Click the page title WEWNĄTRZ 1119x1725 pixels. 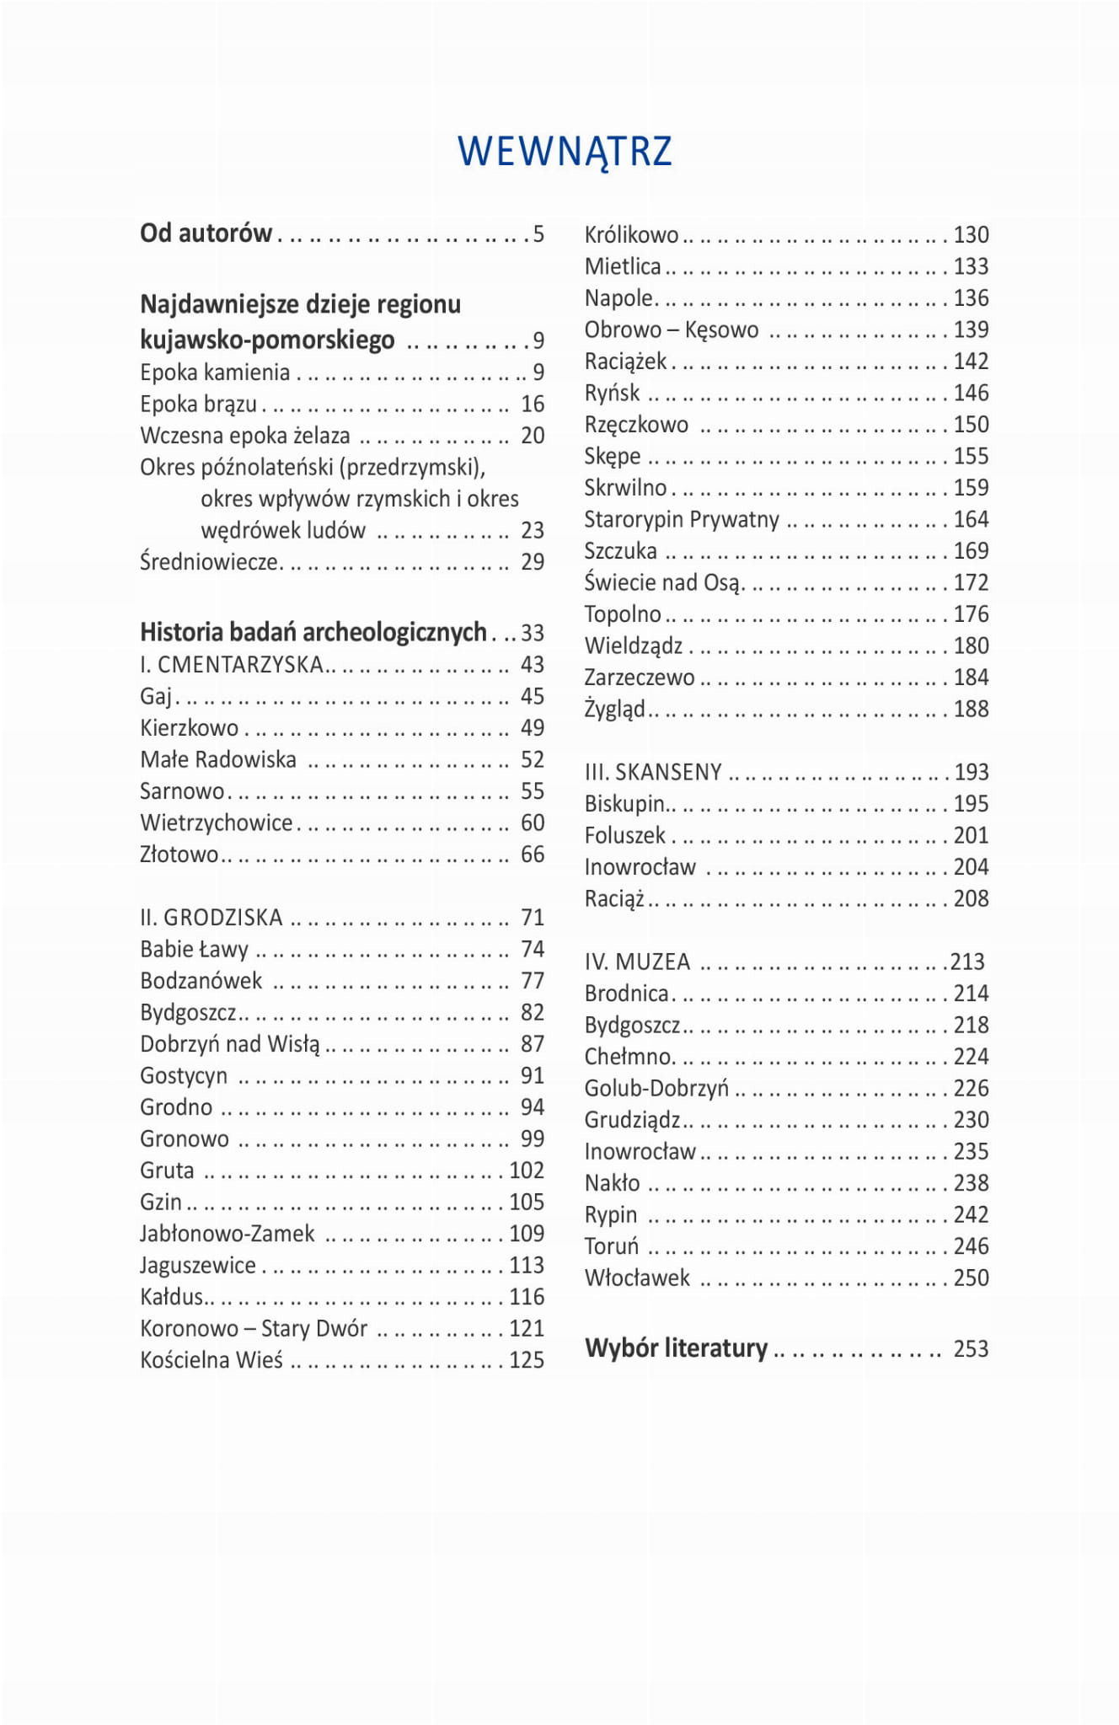click(x=565, y=152)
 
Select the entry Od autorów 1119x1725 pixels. click(x=206, y=233)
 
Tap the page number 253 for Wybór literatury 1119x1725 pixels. click(x=971, y=1349)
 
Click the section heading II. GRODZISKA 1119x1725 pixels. click(x=211, y=918)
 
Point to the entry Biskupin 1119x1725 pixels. click(x=624, y=804)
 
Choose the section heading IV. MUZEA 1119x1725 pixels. click(x=637, y=962)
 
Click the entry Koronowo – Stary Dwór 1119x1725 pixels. click(x=254, y=1329)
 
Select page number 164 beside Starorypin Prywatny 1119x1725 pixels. click(x=971, y=519)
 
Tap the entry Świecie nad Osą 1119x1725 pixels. click(x=662, y=582)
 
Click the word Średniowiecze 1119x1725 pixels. click(x=209, y=562)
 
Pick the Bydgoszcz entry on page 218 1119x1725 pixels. click(x=632, y=1026)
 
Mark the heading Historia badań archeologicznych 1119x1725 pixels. click(x=313, y=632)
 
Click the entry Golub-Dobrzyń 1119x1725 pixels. click(x=656, y=1089)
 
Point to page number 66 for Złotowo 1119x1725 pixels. click(x=533, y=854)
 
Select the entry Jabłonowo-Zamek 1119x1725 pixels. click(x=227, y=1234)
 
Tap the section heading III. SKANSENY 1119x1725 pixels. click(x=653, y=772)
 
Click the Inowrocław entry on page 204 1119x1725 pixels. click(x=640, y=867)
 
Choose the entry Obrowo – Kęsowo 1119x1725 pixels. click(x=672, y=329)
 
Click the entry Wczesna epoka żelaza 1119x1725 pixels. click(x=244, y=436)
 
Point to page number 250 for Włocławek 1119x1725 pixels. click(x=971, y=1278)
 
